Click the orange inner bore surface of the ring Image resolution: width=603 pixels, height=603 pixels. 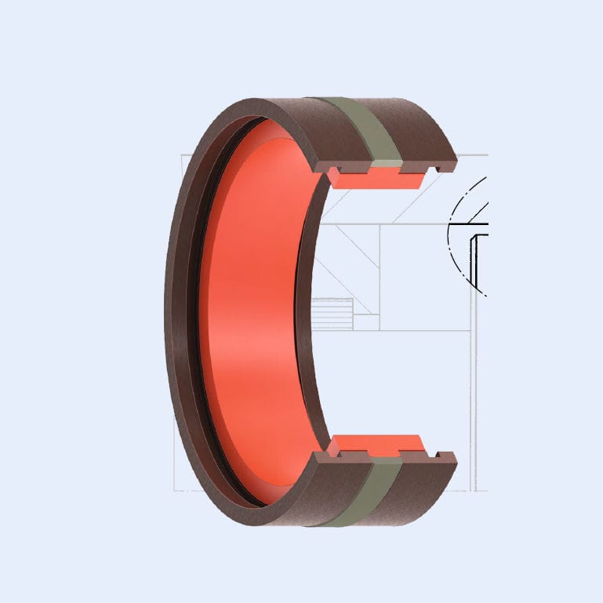click(x=251, y=314)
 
